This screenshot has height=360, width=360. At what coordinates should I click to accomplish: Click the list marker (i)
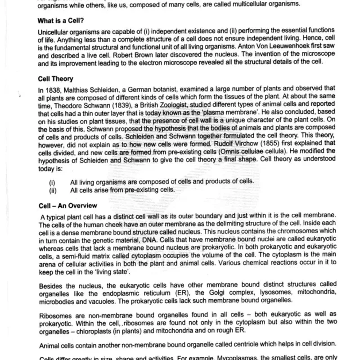pos(52,182)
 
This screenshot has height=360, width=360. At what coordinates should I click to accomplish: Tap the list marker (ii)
pos(52,189)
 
